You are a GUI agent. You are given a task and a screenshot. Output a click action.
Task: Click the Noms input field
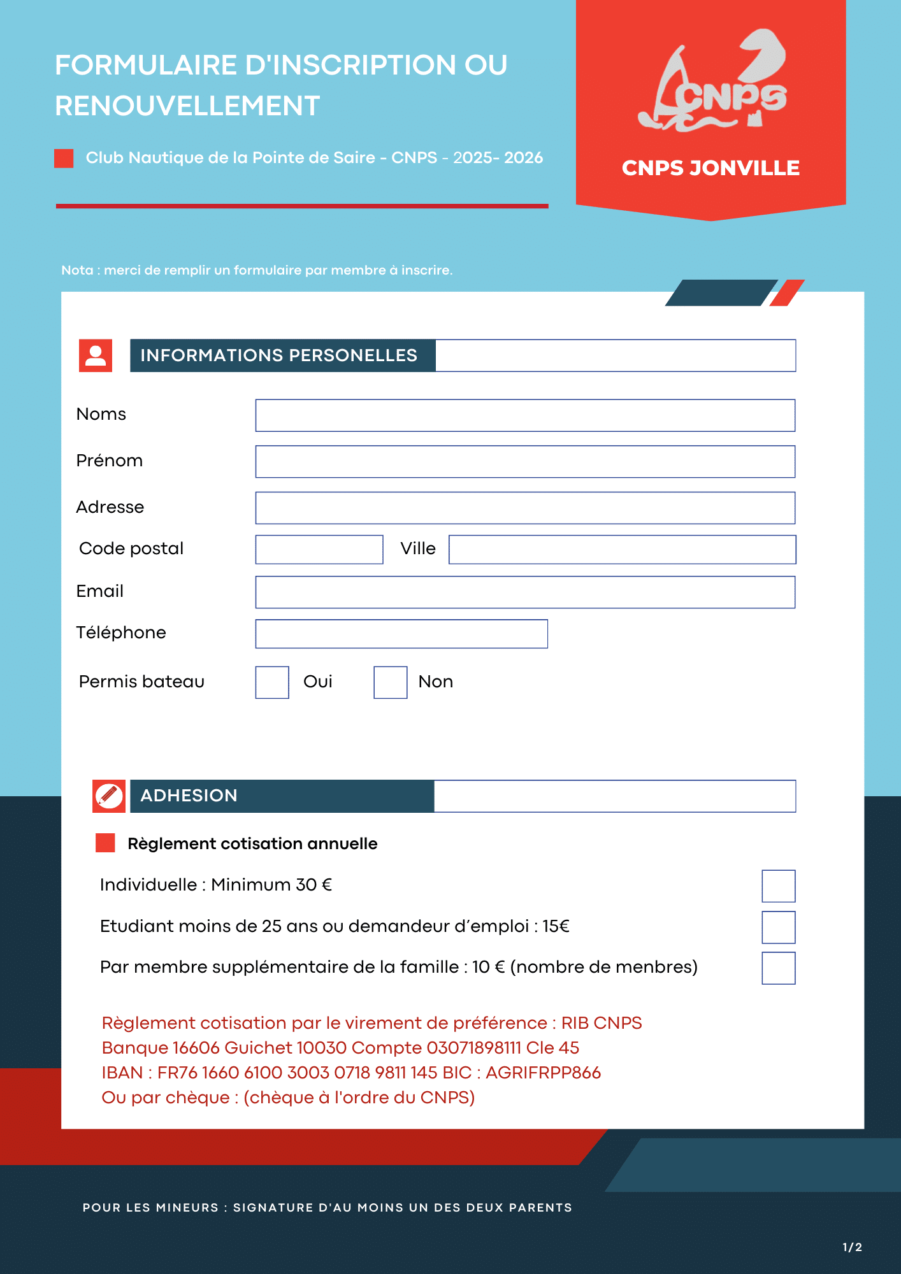click(525, 415)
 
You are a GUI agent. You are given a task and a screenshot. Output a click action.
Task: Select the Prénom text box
click(525, 462)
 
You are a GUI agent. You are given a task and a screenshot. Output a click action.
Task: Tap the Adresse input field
click(525, 508)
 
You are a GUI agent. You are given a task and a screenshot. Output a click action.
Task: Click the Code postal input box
click(319, 549)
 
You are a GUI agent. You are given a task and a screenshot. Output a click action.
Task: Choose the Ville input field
click(622, 549)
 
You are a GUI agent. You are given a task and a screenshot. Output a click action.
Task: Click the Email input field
click(525, 592)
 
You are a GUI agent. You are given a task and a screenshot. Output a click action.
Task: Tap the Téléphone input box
click(401, 634)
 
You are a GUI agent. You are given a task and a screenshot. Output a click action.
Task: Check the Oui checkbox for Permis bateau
click(272, 682)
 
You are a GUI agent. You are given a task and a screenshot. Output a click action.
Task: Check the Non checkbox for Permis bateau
click(391, 682)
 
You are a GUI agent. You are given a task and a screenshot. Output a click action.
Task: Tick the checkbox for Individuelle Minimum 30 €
click(779, 886)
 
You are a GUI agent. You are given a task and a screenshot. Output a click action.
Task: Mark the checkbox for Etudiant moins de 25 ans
click(779, 927)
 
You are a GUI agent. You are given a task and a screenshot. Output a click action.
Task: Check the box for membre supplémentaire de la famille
click(779, 968)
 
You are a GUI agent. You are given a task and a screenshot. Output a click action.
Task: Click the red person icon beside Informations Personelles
click(96, 355)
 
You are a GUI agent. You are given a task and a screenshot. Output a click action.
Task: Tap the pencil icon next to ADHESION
click(109, 796)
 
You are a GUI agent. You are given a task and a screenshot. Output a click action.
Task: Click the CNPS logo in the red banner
click(712, 83)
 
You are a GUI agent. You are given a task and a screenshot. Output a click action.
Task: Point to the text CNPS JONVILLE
click(710, 168)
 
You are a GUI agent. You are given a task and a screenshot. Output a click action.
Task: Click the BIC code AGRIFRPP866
click(543, 1073)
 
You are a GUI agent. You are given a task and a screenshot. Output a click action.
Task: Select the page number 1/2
click(852, 1247)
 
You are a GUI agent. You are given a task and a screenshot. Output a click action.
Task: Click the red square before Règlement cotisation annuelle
click(105, 843)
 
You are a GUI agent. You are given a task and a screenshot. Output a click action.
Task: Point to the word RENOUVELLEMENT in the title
click(187, 106)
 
